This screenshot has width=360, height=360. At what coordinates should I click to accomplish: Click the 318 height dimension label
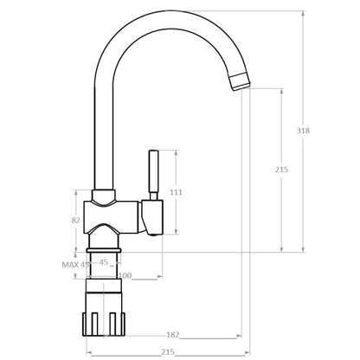(x=303, y=131)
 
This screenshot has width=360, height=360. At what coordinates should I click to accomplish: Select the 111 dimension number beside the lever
(x=176, y=192)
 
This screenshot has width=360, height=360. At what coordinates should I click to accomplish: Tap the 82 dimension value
(x=75, y=221)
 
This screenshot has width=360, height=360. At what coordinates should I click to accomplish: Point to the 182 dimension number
(x=173, y=335)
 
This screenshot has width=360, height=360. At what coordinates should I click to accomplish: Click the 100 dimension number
(x=125, y=276)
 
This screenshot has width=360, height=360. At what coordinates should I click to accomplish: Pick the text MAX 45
(x=75, y=265)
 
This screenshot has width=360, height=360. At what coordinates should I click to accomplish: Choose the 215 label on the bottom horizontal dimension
(x=168, y=352)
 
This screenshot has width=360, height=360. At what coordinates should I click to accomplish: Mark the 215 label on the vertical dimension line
(x=281, y=170)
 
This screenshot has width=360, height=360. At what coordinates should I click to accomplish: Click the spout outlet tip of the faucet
(x=240, y=82)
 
